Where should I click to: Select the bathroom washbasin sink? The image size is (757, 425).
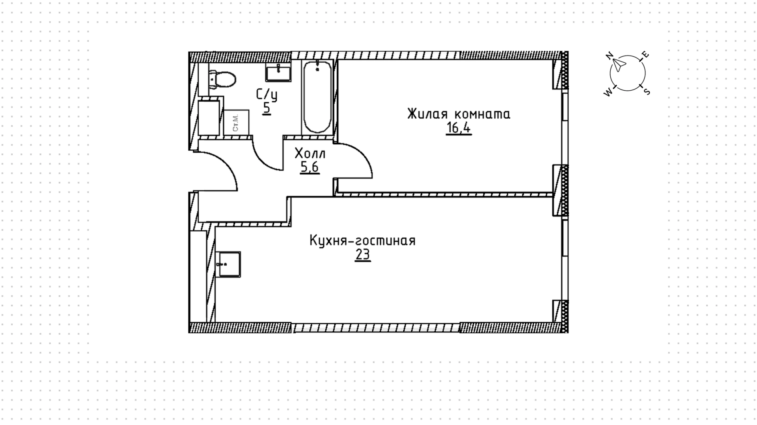tap(278, 73)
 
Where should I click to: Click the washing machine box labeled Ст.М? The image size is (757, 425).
tap(236, 123)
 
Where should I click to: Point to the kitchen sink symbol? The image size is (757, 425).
tap(228, 264)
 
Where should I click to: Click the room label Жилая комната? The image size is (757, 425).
tap(459, 114)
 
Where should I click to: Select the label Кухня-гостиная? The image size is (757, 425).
tap(362, 240)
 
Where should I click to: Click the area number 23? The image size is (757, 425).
tap(363, 255)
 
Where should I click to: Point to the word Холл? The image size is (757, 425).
tap(310, 153)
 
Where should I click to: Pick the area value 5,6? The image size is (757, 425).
tap(310, 168)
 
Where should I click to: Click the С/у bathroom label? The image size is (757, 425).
tap(267, 95)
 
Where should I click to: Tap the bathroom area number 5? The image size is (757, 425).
tap(267, 108)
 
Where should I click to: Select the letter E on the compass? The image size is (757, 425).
tap(645, 55)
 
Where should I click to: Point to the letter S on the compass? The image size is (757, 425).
tap(647, 91)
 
